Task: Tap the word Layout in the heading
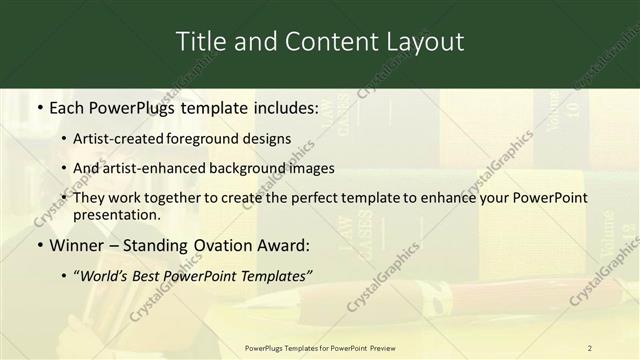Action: [425, 42]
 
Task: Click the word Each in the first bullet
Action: [68, 107]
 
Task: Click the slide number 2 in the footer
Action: [590, 347]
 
